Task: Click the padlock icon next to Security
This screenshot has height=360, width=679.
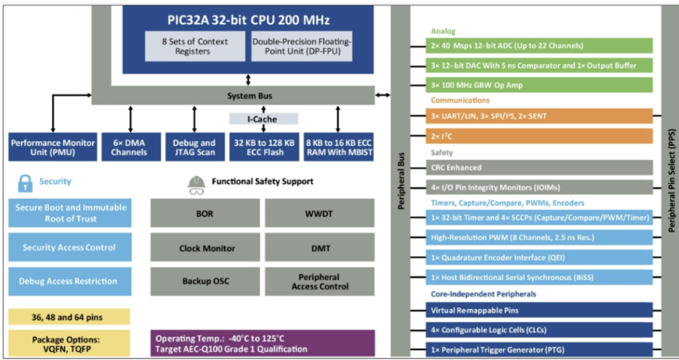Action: tap(25, 183)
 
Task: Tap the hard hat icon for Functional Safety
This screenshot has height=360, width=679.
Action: tap(196, 185)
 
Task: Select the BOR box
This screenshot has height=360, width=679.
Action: tap(205, 213)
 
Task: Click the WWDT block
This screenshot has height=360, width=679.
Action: tap(319, 213)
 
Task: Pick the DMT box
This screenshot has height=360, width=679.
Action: tap(319, 248)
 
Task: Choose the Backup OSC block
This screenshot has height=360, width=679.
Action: tap(205, 281)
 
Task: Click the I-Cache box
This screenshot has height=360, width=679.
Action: tap(263, 119)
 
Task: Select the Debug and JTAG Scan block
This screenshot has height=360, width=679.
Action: tap(194, 147)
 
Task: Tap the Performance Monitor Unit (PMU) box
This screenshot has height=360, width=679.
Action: tap(53, 147)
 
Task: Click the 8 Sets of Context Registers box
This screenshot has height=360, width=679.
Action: tap(195, 46)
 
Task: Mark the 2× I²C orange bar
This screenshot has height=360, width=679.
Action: tap(539, 136)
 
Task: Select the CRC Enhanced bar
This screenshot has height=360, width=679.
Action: tap(539, 167)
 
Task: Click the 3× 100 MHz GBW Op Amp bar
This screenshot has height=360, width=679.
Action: tap(539, 85)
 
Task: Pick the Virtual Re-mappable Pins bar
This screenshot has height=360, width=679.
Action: tap(539, 310)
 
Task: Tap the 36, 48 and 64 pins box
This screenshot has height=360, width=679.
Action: tap(69, 317)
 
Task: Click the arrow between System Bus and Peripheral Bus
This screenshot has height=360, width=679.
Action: tap(383, 95)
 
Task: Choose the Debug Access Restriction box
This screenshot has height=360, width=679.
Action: tap(70, 281)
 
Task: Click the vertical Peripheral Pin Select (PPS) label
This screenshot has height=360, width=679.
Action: tap(671, 179)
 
